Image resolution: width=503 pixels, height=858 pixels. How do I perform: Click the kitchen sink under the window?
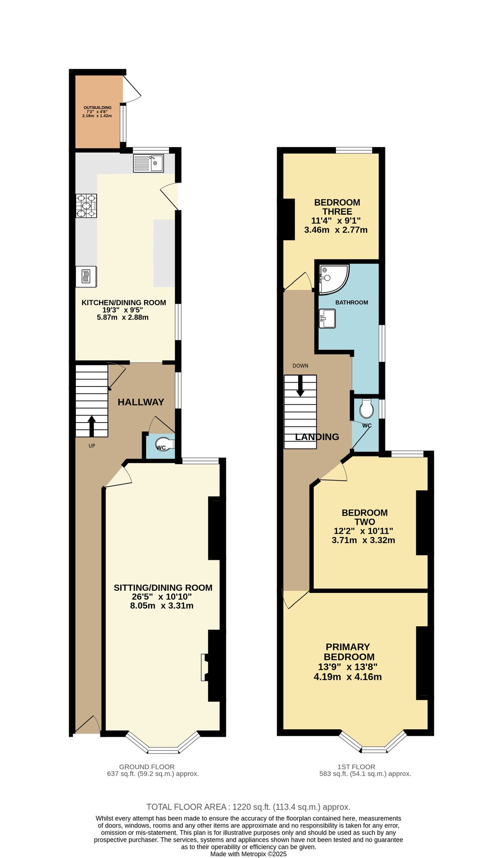click(x=148, y=163)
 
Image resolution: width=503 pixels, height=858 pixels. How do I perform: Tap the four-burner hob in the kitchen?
click(x=86, y=206)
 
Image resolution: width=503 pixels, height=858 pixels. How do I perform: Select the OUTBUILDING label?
click(x=97, y=108)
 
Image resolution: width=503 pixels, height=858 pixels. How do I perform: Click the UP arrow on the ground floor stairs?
click(x=91, y=426)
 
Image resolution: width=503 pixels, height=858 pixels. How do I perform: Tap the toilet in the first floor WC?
click(x=367, y=409)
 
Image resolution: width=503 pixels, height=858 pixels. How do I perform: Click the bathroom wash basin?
click(x=327, y=318)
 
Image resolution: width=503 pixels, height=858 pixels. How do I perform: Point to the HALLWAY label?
click(x=141, y=402)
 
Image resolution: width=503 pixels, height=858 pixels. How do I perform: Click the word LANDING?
click(x=317, y=437)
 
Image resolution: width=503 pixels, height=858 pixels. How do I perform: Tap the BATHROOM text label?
click(x=351, y=302)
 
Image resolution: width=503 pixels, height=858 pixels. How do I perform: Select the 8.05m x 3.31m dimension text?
click(x=162, y=606)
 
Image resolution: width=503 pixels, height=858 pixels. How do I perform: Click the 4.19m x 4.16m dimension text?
click(x=348, y=677)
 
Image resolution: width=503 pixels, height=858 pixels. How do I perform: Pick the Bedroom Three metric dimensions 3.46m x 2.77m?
click(x=336, y=230)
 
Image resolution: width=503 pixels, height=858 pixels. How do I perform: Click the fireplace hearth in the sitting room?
click(x=204, y=667)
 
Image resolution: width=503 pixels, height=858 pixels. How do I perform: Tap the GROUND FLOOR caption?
click(x=147, y=767)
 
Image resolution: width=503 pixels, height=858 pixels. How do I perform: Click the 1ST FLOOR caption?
click(x=356, y=767)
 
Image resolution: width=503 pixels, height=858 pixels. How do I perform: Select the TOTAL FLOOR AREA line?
click(x=248, y=807)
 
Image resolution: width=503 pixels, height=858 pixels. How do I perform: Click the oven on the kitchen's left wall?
click(x=86, y=277)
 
